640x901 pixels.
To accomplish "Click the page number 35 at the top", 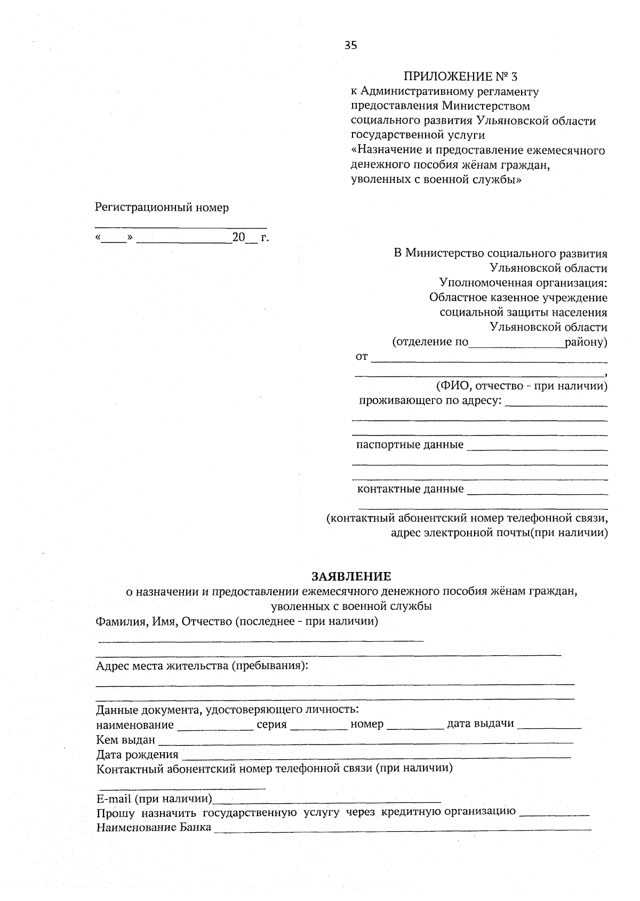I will (x=350, y=45).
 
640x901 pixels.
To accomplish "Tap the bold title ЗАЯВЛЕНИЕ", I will (x=351, y=576).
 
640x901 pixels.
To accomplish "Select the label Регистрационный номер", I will (x=162, y=208).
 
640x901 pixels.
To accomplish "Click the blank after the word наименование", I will (x=215, y=728).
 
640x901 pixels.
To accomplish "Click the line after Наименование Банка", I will (x=403, y=830).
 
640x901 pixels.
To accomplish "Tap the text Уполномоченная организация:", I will (x=523, y=283).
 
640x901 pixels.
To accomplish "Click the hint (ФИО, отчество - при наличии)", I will (x=522, y=385).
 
